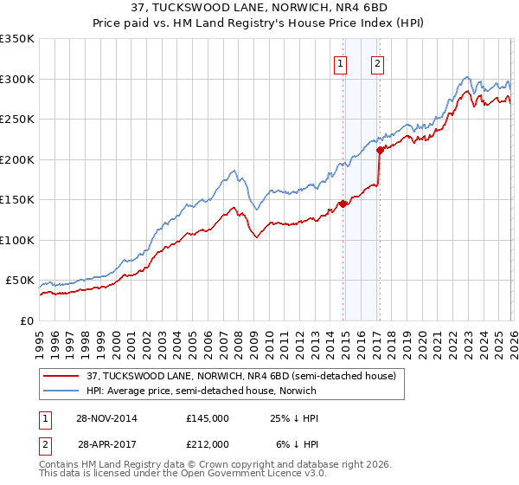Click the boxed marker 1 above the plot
340,62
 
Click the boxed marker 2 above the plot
378,62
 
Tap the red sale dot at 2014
343,204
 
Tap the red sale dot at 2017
380,150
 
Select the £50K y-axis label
19,281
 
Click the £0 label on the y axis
26,320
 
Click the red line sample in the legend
61,376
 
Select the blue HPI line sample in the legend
61,390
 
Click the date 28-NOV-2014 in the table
107,418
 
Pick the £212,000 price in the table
207,443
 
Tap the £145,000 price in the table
207,418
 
